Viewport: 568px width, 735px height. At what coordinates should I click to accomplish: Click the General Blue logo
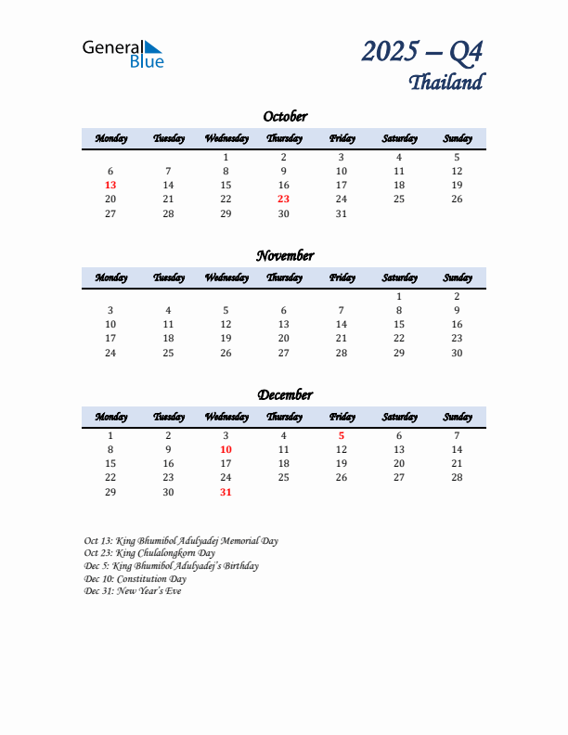[123, 53]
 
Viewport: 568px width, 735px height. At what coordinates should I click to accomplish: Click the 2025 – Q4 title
[422, 51]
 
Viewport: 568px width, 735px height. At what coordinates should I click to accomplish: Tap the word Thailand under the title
[446, 82]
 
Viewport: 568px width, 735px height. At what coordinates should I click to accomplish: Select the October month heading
[285, 116]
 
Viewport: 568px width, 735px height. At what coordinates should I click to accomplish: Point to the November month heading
[285, 255]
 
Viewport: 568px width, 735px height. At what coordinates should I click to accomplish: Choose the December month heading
[285, 394]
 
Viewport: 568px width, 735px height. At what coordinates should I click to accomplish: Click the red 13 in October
[110, 185]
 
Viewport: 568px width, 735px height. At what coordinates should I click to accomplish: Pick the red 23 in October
[283, 199]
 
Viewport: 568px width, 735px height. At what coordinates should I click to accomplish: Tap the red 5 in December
[341, 435]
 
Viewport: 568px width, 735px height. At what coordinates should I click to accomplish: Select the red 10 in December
[226, 449]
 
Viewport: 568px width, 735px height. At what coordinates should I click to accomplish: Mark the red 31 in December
[226, 491]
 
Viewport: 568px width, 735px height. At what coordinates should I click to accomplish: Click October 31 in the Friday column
[341, 213]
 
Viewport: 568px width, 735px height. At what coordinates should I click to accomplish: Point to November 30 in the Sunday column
[457, 352]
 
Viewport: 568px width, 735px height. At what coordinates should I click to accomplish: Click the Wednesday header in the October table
[226, 138]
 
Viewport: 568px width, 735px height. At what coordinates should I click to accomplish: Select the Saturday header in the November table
[399, 277]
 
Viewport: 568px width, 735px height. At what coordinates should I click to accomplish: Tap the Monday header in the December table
[111, 417]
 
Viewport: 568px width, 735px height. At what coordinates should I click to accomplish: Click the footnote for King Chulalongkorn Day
[149, 553]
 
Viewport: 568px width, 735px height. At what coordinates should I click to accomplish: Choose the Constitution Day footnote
[136, 578]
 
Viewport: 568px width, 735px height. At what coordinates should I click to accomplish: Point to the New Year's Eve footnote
[133, 591]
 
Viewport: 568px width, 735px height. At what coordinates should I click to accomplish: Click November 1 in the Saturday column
[399, 296]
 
